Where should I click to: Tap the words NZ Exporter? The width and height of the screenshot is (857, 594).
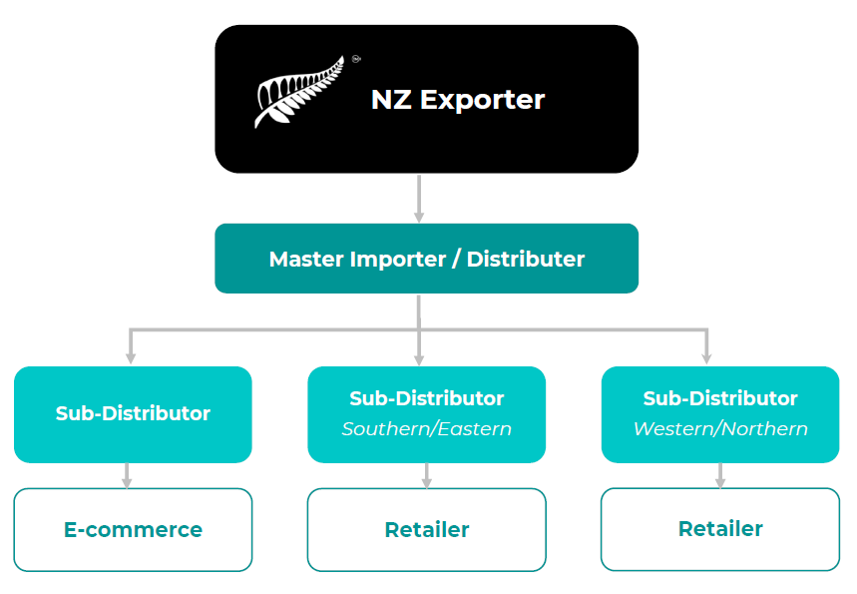[x=457, y=100]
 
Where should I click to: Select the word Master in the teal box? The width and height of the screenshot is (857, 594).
[x=306, y=260]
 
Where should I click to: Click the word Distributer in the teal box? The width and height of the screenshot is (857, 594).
[x=526, y=260]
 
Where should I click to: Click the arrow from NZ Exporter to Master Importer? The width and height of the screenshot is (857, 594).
[x=419, y=200]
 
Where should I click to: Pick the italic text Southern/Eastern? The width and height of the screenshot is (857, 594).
[x=426, y=429]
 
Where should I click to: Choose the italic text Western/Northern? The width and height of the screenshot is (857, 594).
[x=720, y=429]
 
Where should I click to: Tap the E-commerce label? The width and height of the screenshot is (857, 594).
[x=133, y=530]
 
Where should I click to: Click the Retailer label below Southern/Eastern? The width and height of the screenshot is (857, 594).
[x=426, y=530]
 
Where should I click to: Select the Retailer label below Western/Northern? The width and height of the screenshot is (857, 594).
[x=720, y=528]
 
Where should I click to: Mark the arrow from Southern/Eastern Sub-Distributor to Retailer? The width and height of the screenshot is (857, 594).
[x=426, y=477]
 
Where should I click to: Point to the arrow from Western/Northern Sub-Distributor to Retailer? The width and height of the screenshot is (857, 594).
[x=720, y=477]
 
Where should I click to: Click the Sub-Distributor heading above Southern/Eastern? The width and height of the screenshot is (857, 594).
[x=426, y=398]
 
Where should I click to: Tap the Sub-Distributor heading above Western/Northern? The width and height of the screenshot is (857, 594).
[x=720, y=398]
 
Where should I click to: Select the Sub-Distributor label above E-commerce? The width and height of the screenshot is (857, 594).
[x=133, y=413]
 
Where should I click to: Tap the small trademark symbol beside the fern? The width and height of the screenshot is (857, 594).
[x=356, y=59]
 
